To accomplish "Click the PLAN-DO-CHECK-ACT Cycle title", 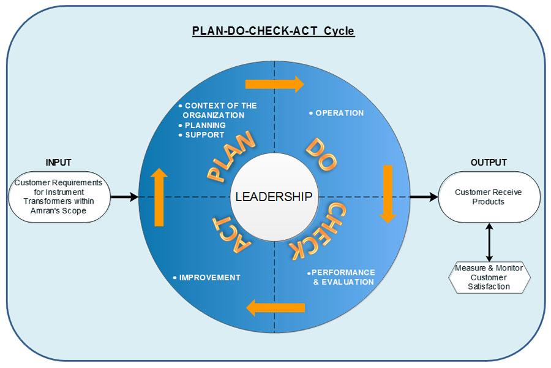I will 274,31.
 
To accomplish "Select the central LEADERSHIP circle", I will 274,196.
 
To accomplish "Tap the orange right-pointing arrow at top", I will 274,84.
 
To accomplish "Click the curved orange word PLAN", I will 231,158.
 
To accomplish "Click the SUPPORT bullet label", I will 204,135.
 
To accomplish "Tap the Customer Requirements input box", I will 59,196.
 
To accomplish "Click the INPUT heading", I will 58,163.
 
